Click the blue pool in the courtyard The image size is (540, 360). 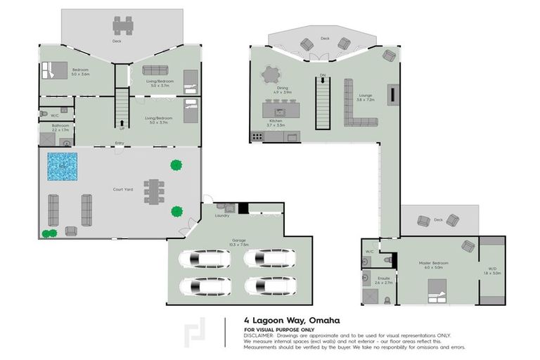point(62,167)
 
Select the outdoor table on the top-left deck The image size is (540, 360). point(123,26)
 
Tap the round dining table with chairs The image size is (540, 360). point(271,74)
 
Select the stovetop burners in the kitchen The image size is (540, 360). point(257,136)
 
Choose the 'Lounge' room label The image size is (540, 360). point(365,95)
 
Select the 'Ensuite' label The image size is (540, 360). point(384,278)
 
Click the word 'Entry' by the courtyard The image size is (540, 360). point(120,143)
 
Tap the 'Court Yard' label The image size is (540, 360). point(123,188)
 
